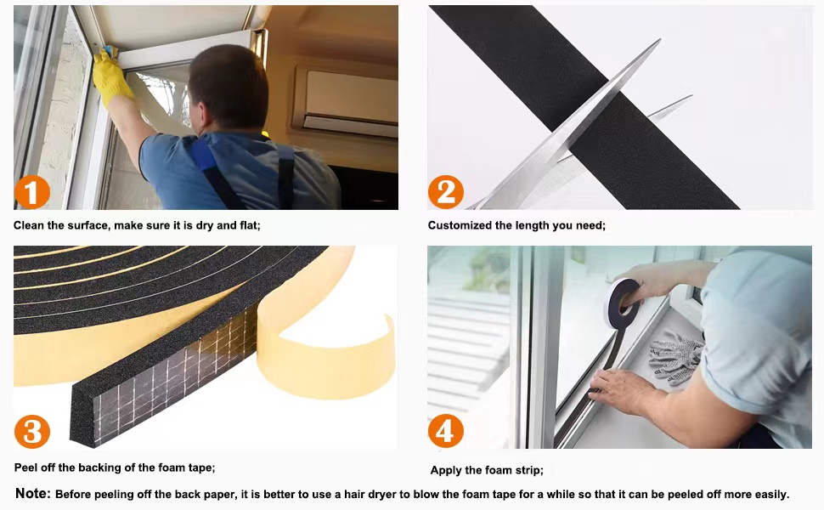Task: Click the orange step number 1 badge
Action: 32,193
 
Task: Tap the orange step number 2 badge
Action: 446,193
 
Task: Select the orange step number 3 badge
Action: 32,433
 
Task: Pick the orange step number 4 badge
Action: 446,433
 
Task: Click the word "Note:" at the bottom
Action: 33,494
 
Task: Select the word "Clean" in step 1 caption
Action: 30,225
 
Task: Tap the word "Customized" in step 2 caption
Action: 459,225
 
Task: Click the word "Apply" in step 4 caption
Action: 446,470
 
